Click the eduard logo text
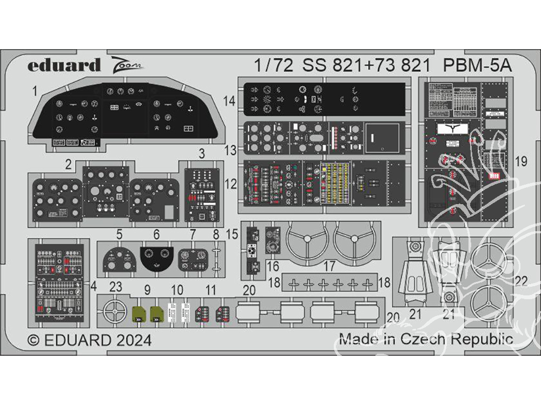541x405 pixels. [64, 65]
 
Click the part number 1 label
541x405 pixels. [35, 92]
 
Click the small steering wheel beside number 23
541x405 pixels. [115, 312]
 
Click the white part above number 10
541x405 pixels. [174, 312]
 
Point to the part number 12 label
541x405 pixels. [230, 184]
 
